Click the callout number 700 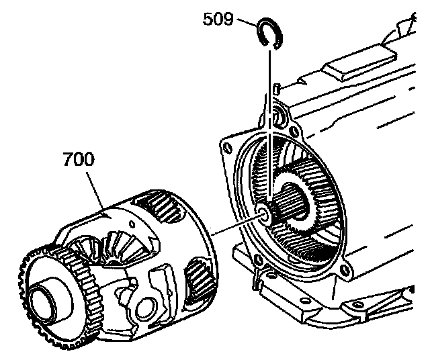pos(78,161)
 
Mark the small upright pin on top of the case pos(276,88)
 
